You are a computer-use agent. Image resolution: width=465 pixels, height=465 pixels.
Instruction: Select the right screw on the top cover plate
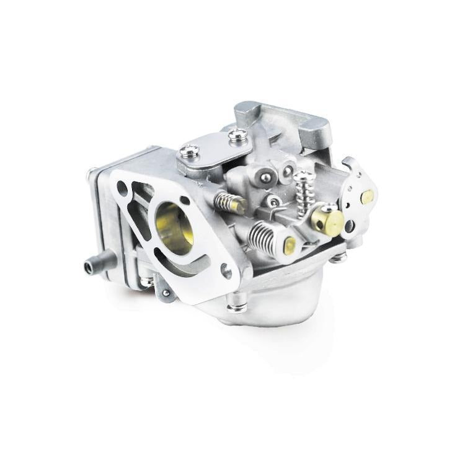236,134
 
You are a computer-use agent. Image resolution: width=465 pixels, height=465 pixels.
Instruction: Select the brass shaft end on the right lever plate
366,197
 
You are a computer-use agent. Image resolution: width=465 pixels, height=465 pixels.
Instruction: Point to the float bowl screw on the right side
338,257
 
